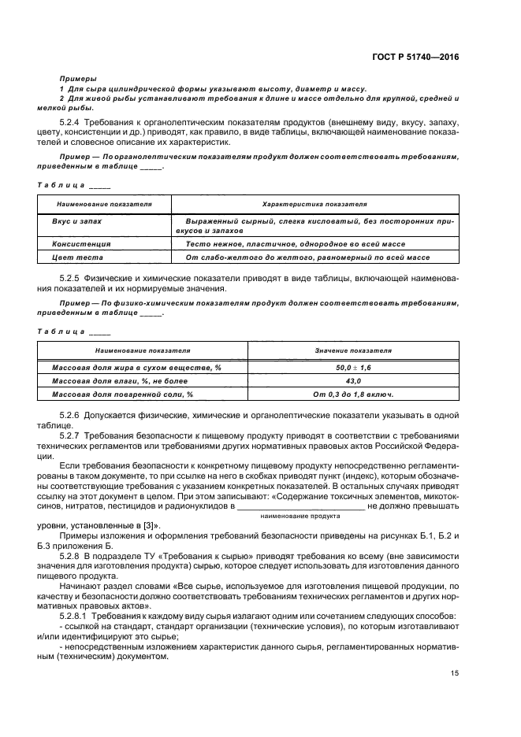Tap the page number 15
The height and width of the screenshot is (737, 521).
[455, 672]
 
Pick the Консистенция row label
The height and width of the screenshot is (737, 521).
[81, 244]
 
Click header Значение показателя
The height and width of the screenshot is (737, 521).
[353, 350]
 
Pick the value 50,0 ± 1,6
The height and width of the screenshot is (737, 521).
[353, 368]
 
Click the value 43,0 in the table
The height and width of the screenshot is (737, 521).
[353, 381]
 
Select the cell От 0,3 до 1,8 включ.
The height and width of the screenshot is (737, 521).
[353, 394]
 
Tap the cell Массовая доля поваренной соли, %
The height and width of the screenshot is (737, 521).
[122, 394]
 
